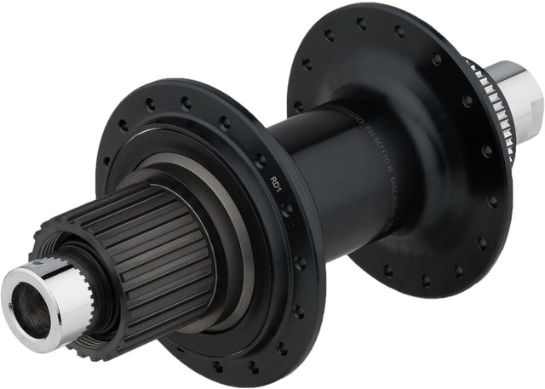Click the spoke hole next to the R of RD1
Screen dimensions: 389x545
(261, 161)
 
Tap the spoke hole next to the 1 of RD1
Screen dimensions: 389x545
(287, 209)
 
